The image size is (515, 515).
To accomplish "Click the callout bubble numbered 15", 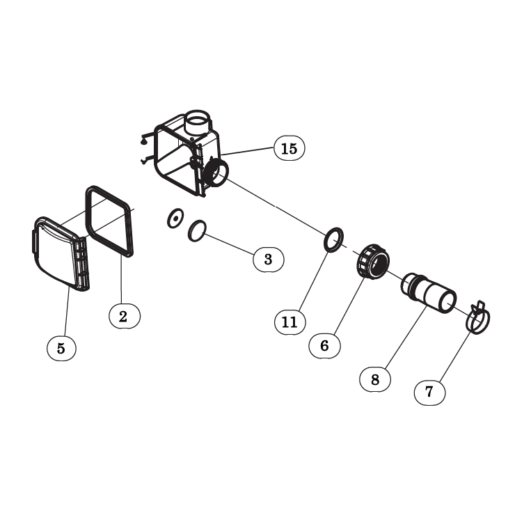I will coord(290,148).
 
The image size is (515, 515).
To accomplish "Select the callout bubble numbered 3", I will coord(268,260).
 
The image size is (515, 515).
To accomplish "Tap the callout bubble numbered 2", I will coord(124,315).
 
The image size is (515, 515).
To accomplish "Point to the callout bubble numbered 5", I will coord(61,348).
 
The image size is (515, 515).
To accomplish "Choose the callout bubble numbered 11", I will coord(290,322).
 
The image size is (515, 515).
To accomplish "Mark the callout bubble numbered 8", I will coord(375,379).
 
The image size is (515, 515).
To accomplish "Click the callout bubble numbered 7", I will coord(429,391).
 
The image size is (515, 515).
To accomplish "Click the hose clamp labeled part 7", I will coord(477,319).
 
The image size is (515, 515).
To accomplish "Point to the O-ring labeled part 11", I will coord(333,237).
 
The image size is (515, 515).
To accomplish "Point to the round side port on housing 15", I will coord(216,173).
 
